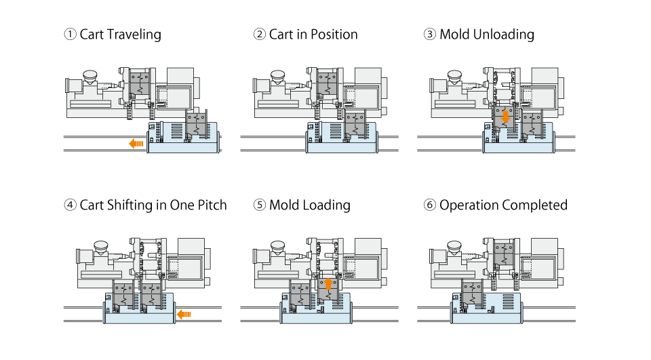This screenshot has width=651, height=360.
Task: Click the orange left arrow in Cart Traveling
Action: [x=136, y=143]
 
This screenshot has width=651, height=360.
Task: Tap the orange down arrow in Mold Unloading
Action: [x=504, y=117]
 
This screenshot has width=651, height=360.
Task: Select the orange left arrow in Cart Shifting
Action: [x=184, y=314]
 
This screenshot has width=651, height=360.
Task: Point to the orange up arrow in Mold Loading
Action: [x=328, y=284]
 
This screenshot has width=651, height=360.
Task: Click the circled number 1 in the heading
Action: [x=69, y=35]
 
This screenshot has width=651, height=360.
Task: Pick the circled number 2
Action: [x=259, y=35]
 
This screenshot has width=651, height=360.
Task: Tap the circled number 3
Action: [x=429, y=35]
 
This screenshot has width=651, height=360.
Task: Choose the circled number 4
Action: [x=69, y=205]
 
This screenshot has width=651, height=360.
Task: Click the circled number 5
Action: [x=259, y=205]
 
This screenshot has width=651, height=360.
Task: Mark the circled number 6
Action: [x=429, y=205]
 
